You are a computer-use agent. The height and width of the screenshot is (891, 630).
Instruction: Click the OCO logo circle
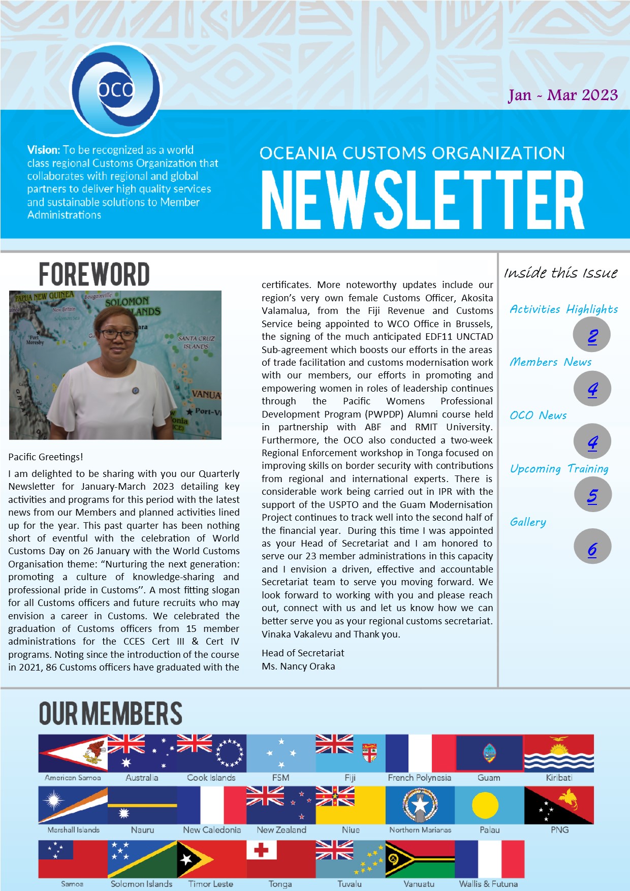[116, 90]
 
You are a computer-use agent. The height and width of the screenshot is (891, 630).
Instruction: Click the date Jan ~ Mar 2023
[563, 95]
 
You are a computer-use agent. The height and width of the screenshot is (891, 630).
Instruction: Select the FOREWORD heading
[94, 274]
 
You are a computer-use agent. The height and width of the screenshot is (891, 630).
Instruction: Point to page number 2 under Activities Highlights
[592, 336]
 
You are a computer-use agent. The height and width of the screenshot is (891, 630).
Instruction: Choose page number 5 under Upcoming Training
[592, 495]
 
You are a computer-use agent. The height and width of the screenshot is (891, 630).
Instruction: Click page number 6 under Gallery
[592, 549]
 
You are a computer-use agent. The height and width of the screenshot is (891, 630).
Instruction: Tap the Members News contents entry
[551, 362]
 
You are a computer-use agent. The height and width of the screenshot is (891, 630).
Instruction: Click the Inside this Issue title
[560, 273]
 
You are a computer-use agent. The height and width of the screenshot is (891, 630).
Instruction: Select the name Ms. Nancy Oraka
[298, 666]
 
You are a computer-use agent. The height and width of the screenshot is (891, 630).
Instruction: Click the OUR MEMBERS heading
[111, 713]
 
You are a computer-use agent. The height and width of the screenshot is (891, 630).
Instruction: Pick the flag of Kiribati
[559, 753]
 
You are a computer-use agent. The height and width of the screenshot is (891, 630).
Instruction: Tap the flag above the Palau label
[489, 805]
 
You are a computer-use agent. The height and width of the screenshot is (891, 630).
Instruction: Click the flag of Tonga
[280, 859]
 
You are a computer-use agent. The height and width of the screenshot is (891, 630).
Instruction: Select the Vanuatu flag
[420, 859]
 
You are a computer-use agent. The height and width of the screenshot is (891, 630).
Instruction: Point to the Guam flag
[489, 753]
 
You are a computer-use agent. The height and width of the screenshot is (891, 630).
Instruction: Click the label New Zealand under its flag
[281, 830]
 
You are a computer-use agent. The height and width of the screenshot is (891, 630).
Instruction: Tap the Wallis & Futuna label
[488, 884]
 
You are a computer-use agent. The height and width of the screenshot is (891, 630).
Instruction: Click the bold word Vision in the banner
[43, 150]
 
